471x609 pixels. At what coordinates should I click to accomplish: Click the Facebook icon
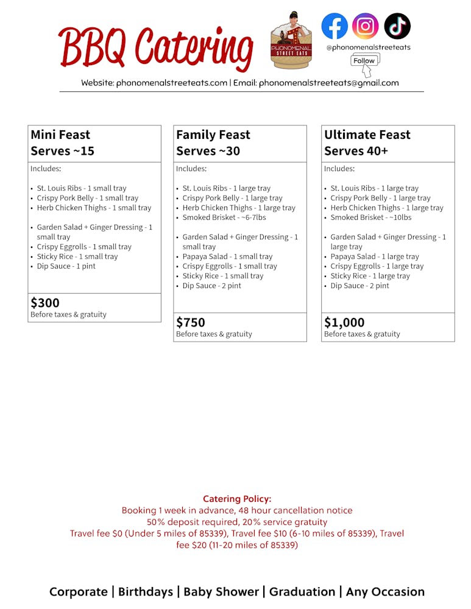pos(335,26)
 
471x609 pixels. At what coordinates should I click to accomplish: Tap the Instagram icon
pos(366,26)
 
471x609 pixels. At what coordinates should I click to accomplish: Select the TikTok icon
pos(397,26)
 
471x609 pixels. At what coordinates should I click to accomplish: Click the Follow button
pos(364,60)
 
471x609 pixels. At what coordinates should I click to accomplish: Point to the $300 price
pos(45,303)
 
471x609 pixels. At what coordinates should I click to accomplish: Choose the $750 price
pos(191,322)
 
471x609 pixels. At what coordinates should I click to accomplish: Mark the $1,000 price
pos(344,322)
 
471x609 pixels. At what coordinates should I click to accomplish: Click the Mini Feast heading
pos(60,135)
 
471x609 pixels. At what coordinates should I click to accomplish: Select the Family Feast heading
pos(213,135)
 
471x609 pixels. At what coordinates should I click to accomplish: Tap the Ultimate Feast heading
pos(367,135)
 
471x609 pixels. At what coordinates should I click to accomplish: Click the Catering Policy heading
pos(237,499)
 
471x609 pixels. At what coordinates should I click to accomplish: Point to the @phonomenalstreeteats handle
pos(368,47)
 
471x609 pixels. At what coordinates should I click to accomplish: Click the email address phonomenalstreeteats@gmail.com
pos(329,83)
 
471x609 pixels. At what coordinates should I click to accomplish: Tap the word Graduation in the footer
pos(302,591)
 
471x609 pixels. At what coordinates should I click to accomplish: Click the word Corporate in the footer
pos(78,591)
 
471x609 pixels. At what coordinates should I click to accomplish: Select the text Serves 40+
pos(356,151)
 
